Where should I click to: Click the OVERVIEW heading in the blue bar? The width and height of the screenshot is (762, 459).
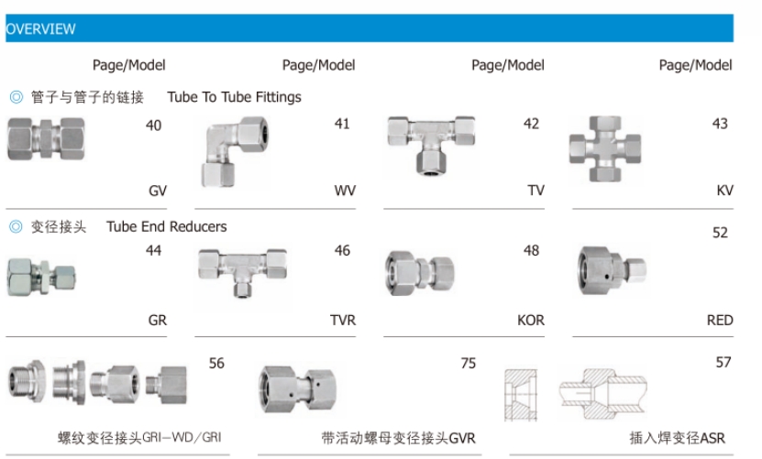pyautogui.click(x=41, y=29)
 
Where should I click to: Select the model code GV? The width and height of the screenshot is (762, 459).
pyautogui.click(x=157, y=191)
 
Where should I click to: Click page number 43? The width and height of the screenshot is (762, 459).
pyautogui.click(x=720, y=124)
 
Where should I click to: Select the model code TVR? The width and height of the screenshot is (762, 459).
pyautogui.click(x=342, y=321)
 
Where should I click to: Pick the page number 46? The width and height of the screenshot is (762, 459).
pyautogui.click(x=342, y=250)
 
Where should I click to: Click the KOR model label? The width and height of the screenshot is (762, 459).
pyautogui.click(x=530, y=321)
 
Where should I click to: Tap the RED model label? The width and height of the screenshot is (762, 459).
pyautogui.click(x=720, y=321)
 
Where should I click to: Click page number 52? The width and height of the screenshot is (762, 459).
pyautogui.click(x=720, y=233)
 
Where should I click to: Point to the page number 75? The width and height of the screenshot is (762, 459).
pyautogui.click(x=468, y=364)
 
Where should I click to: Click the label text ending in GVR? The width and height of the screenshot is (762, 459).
pyautogui.click(x=399, y=438)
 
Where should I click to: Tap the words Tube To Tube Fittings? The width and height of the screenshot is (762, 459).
pyautogui.click(x=234, y=96)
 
